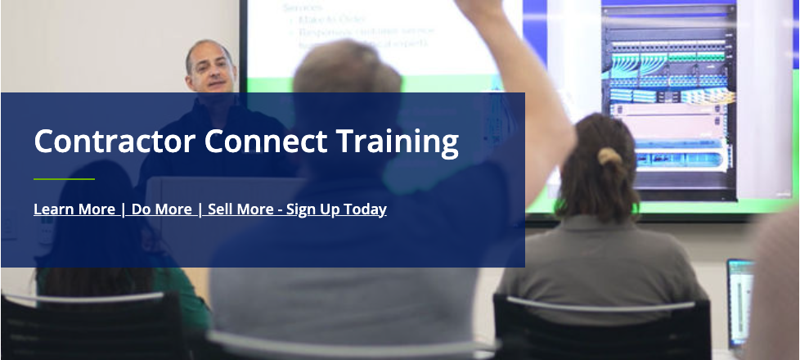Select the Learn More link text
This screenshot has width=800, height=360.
[x=74, y=209]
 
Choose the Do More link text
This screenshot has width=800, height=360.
[x=161, y=209]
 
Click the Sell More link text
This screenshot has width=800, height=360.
[x=240, y=209]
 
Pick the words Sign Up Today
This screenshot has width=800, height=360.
[x=336, y=209]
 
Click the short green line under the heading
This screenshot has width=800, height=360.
[x=64, y=178]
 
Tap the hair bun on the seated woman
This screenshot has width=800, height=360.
[x=609, y=156]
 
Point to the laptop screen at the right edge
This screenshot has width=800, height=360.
[x=739, y=295]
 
